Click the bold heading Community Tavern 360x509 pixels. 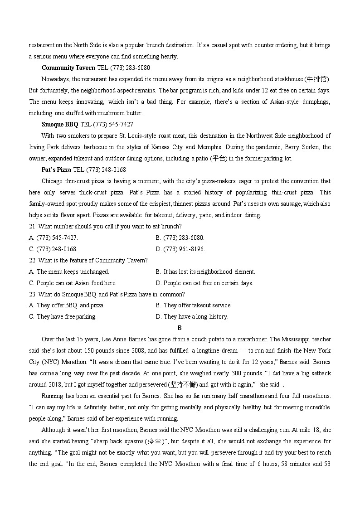pos(68,68)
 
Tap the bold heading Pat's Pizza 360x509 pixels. pos(56,170)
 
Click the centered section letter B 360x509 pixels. pos(180,328)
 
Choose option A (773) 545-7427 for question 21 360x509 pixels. pos(53,238)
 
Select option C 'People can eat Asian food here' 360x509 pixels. pos(73,283)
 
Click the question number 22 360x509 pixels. pos(32,260)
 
